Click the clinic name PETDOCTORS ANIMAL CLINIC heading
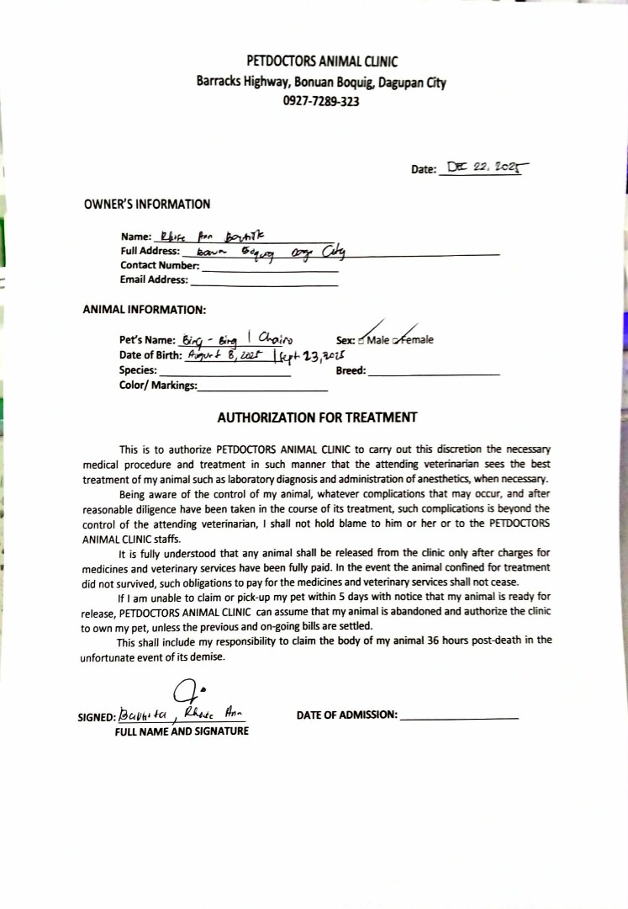pos(322,61)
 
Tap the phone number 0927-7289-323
pos(322,101)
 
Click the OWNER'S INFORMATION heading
pos(147,204)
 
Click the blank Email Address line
pos(264,284)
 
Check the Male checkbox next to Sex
pos(361,341)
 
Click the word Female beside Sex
pos(416,340)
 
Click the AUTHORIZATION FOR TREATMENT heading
pos(317,417)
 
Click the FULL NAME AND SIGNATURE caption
pos(182,731)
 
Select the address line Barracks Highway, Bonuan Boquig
pos(321,82)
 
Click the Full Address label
pos(150,251)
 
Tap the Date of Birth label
pos(150,354)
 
